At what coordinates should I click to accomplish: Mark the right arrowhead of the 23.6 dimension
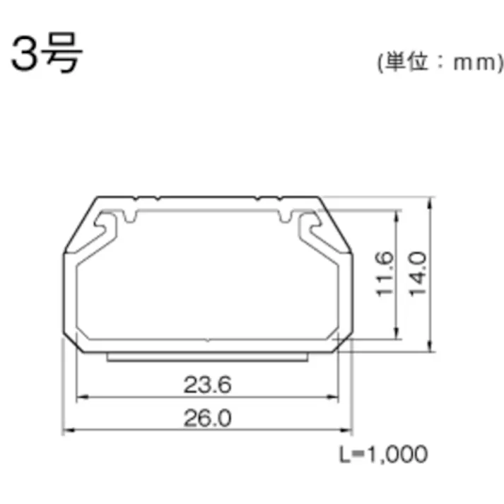(336, 397)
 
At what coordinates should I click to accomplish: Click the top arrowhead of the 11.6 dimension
(398, 213)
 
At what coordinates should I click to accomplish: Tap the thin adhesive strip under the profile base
(208, 357)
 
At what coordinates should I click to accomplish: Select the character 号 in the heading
(63, 54)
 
